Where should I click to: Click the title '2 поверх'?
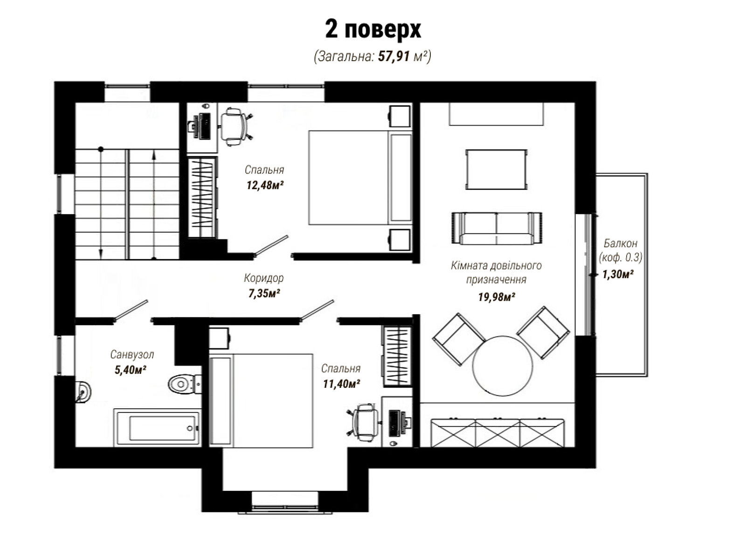(373, 29)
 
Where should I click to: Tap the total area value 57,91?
(394, 56)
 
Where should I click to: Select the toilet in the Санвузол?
(185, 384)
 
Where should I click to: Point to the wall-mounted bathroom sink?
(83, 392)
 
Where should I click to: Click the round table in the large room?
(502, 366)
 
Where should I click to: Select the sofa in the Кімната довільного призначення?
(497, 228)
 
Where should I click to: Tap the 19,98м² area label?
(496, 297)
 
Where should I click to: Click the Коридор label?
(264, 278)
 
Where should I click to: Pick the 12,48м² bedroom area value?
(265, 185)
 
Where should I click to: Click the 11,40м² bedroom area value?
(341, 384)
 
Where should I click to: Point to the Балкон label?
(620, 243)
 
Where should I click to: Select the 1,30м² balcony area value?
(617, 274)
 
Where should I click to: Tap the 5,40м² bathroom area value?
(131, 370)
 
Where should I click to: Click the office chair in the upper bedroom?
(235, 126)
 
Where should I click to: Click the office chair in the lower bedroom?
(364, 422)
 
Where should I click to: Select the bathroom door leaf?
(131, 310)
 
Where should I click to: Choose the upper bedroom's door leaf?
(271, 245)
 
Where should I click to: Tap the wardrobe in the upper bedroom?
(202, 197)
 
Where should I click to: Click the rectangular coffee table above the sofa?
(496, 169)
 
